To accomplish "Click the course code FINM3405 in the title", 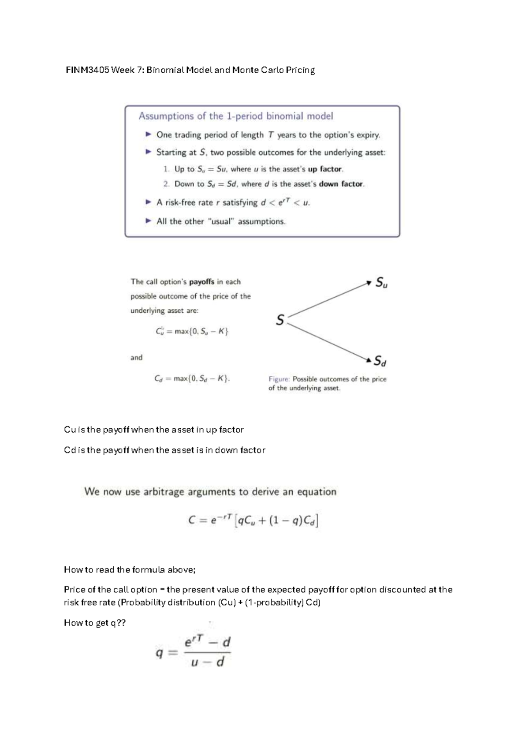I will (x=87, y=70).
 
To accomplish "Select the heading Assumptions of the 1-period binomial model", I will (x=236, y=116).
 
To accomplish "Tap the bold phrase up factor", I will (x=325, y=169).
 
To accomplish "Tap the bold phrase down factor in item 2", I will (x=341, y=184).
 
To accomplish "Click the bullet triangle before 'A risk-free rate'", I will (x=149, y=202).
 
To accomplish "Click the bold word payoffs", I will (x=201, y=282).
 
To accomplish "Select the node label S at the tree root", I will (x=279, y=320).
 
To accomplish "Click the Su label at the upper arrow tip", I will (x=381, y=283).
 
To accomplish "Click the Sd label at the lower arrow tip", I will (x=380, y=361).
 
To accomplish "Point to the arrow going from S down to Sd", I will (x=328, y=340).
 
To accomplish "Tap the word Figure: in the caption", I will (x=279, y=379).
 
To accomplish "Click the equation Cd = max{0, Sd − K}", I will (x=192, y=378).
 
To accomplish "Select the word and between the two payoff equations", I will (x=136, y=358).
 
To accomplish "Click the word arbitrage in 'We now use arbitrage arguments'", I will (x=164, y=492).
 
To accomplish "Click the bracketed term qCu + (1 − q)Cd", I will (x=277, y=521).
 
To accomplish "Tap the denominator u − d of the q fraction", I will (x=208, y=662).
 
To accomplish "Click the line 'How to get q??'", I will (x=95, y=623).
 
